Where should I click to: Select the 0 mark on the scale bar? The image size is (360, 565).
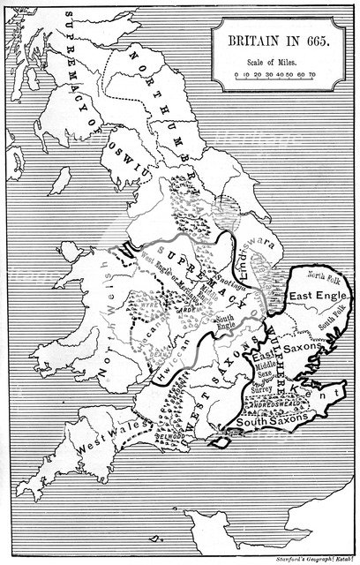click(226, 75)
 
